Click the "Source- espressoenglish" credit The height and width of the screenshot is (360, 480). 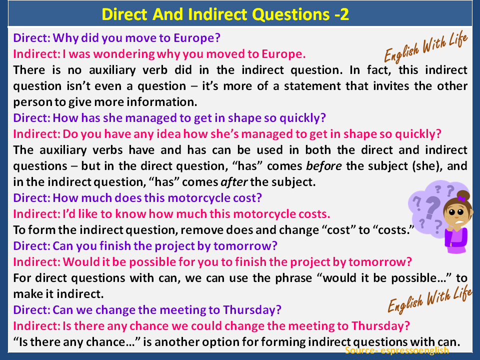click(396, 350)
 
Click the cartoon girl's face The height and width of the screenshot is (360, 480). click(455, 215)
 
